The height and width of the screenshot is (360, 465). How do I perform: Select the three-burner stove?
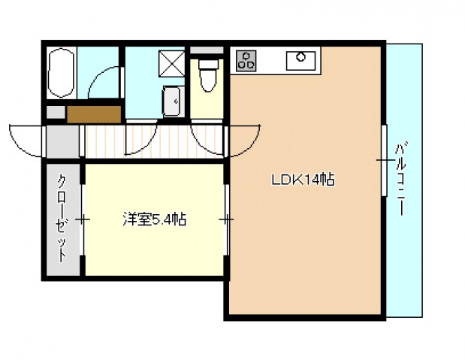coord(246,60)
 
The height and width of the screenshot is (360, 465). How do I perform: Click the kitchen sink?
coord(300,59)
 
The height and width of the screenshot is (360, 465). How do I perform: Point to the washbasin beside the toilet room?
coord(172,101)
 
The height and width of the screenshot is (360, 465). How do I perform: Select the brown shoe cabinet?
coord(93,113)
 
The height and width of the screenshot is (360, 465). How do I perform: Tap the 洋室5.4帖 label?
coord(155,219)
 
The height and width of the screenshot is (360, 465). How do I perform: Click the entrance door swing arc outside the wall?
coord(27,137)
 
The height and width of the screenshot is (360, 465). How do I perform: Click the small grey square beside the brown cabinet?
coord(54,112)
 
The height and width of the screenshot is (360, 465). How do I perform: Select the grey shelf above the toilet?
coord(207,50)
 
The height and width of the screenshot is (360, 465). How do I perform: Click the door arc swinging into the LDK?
coord(244,139)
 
